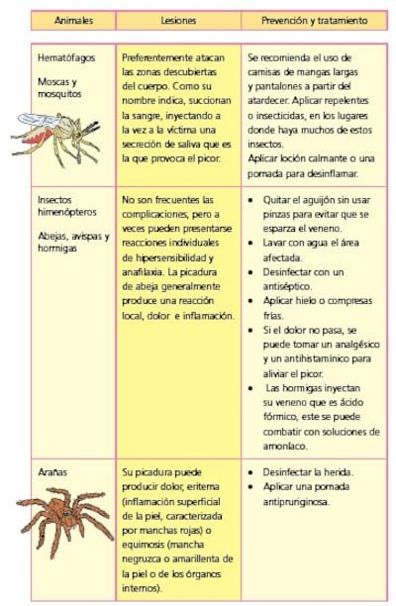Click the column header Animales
pos(71,20)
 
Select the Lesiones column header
pos(178,20)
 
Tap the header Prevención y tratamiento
pos(315,20)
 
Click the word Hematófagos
pos(62,58)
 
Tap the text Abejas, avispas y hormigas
pos(72,244)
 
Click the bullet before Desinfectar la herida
pos(252,471)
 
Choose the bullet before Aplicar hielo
pos(252,300)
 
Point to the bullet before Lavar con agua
pos(252,243)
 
